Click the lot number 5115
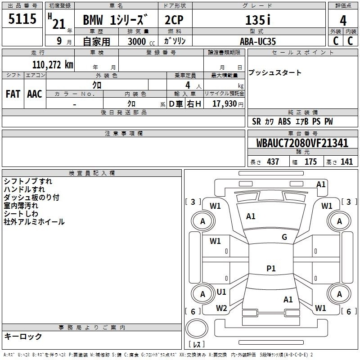(22, 18)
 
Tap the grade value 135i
(258, 20)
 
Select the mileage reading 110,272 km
(53, 65)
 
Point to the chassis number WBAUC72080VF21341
(302, 143)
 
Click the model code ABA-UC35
(257, 41)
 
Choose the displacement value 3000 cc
(141, 41)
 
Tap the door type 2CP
(174, 20)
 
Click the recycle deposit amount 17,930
(225, 103)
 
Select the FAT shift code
(13, 94)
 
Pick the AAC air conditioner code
(35, 94)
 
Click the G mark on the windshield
(284, 237)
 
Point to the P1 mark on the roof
(271, 268)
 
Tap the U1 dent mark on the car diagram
(221, 292)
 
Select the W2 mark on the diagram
(221, 308)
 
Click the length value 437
(273, 162)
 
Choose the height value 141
(346, 162)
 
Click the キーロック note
(23, 336)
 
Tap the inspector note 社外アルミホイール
(34, 222)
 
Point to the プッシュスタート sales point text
(274, 72)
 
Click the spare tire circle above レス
(197, 328)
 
